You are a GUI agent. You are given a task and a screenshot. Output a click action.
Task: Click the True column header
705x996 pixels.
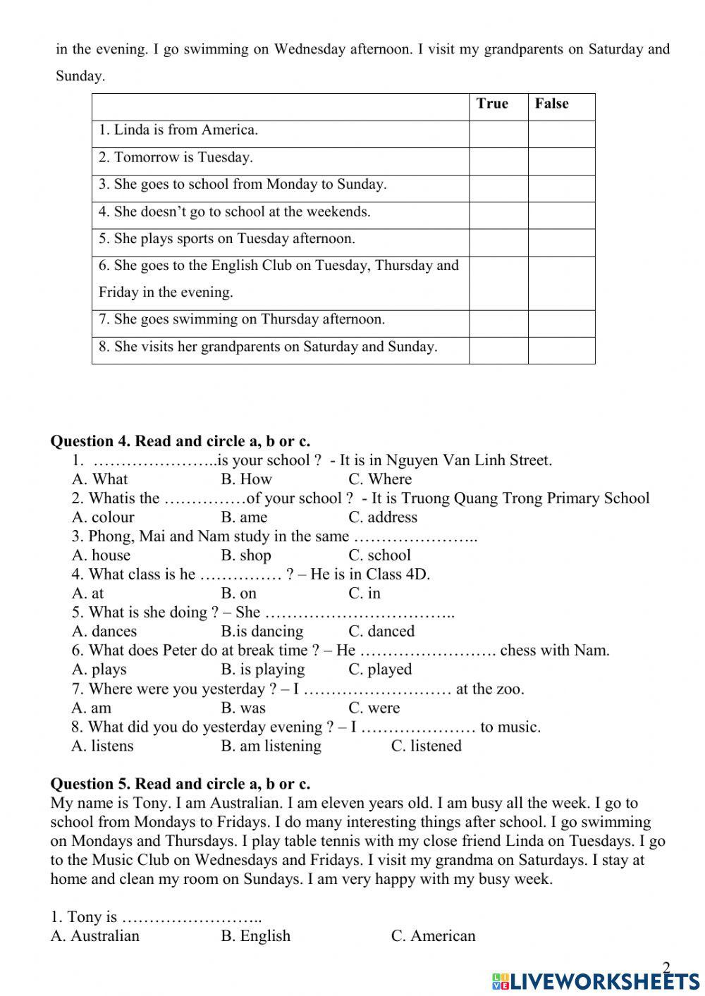pos(492,104)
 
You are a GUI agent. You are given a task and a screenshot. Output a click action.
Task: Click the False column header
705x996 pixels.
pos(551,104)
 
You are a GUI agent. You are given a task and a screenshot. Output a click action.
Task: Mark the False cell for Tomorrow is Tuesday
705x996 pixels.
pos(561,161)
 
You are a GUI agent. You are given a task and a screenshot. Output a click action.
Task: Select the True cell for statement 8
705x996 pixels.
pos(498,350)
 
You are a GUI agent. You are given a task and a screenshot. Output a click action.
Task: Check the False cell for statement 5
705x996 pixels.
pos(561,242)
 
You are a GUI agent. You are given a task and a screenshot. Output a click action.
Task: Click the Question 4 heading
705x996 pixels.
pos(180,441)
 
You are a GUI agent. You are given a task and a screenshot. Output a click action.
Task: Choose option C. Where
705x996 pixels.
pos(380,479)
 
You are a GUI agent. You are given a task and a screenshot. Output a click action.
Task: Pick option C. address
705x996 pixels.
pos(383,517)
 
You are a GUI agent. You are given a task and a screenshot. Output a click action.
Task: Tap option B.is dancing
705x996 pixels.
pos(262,632)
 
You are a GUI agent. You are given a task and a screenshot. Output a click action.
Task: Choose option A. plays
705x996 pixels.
pos(99,670)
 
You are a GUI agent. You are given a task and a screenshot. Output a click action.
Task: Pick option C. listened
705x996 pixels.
pos(426,746)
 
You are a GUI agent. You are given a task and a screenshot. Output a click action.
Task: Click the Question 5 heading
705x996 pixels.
pos(180,784)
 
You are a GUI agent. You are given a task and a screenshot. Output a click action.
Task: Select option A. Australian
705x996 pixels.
pos(95,936)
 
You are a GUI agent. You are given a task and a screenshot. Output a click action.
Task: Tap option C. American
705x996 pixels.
pos(433,936)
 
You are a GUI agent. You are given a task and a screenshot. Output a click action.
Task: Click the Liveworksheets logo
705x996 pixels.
pos(595,981)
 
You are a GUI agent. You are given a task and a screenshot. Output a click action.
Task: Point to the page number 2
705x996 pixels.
pos(666,967)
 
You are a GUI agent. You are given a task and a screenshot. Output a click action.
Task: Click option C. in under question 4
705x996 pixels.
pos(364,594)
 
